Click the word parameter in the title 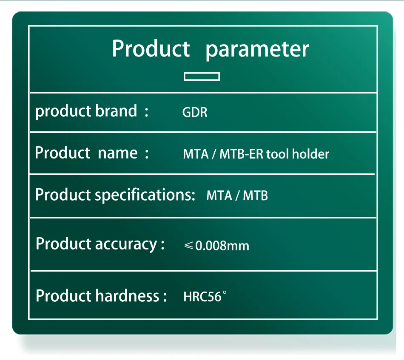[257, 50]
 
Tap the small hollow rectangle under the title [202, 77]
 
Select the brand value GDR [195, 112]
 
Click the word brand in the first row [116, 111]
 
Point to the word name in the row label [118, 153]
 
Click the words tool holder [298, 154]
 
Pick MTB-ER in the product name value [241, 154]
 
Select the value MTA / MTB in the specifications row [237, 196]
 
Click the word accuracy [126, 244]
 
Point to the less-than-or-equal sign [188, 245]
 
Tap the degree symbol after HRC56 [225, 292]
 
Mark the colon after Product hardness [165, 296]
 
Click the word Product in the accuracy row [64, 244]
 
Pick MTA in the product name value [196, 154]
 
